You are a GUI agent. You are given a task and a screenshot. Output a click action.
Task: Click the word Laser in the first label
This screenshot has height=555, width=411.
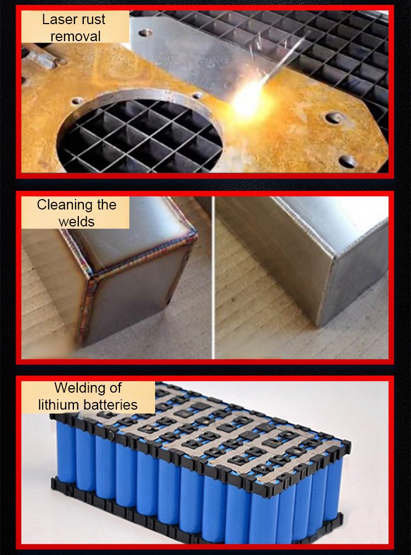pyautogui.click(x=59, y=19)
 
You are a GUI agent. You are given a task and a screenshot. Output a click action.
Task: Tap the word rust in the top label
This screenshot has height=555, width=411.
pyautogui.click(x=93, y=20)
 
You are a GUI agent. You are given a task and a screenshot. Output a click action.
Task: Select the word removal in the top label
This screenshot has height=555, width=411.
pyautogui.click(x=75, y=36)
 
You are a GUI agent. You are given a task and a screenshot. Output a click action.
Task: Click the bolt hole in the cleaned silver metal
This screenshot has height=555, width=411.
pyautogui.click(x=145, y=33)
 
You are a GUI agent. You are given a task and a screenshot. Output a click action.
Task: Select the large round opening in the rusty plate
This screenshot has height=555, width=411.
pyautogui.click(x=139, y=132)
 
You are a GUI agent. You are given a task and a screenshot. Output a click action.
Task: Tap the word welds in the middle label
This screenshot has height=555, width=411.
pyautogui.click(x=76, y=222)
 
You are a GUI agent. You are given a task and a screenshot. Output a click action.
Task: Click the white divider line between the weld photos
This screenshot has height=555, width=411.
pyautogui.click(x=213, y=278)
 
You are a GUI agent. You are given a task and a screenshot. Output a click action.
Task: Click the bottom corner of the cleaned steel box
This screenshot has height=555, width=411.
pyautogui.click(x=319, y=325)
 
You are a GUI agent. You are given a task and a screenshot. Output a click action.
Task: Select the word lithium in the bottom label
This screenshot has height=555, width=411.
pyautogui.click(x=58, y=405)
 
